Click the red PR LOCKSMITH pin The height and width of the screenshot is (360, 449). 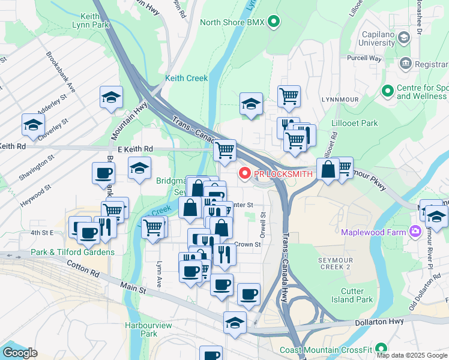(244, 174)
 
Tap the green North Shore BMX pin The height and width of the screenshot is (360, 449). (274, 23)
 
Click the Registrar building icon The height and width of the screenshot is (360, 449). (405, 63)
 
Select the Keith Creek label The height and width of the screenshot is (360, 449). (187, 79)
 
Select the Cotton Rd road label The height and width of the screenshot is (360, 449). (82, 268)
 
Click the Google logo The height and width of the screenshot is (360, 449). (20, 353)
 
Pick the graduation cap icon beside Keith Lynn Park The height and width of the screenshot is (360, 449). (111, 98)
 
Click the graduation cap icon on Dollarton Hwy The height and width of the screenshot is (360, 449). (235, 322)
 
